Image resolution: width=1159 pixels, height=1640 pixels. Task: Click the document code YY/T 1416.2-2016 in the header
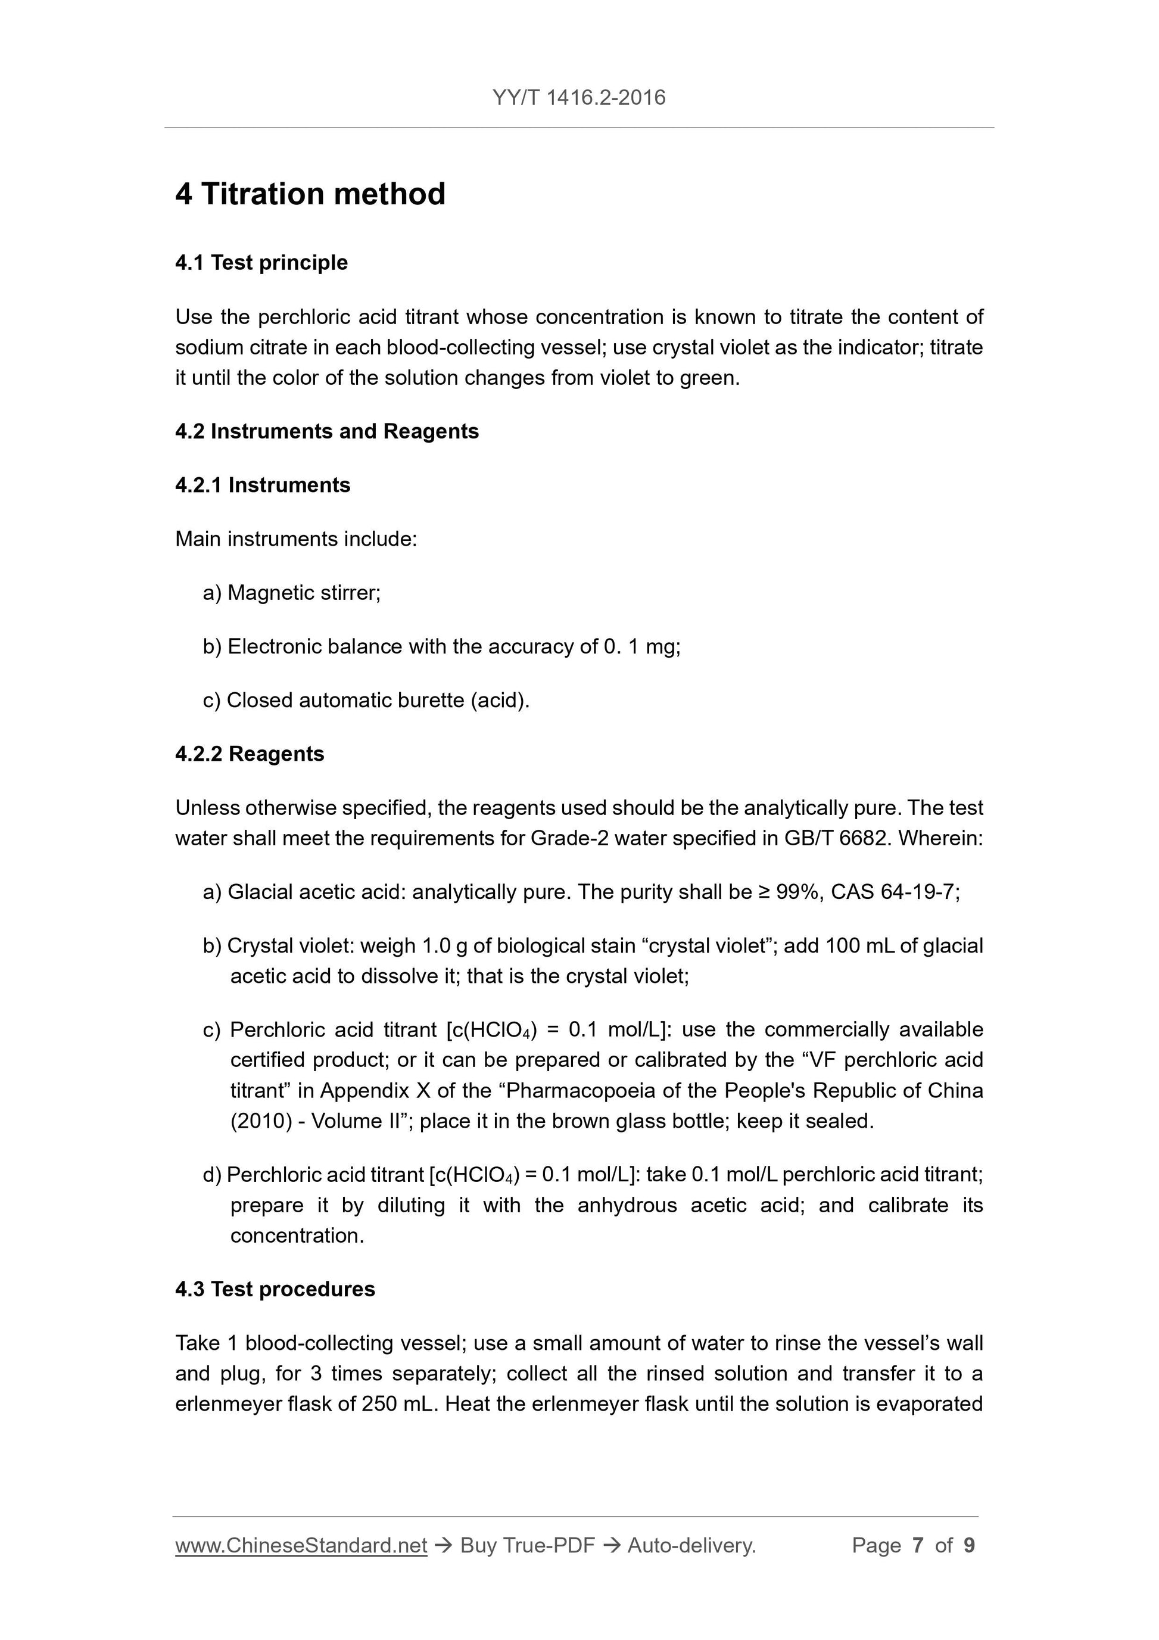point(578,97)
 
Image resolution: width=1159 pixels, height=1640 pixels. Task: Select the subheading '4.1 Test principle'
point(261,263)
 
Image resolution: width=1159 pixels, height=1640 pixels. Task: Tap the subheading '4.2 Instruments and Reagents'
point(326,431)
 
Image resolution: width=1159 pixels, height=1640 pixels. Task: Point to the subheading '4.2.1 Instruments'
point(263,485)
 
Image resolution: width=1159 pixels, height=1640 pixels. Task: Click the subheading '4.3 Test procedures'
point(275,1289)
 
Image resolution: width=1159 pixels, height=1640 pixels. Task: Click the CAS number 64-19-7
point(917,892)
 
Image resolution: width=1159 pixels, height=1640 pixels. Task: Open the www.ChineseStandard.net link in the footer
point(301,1545)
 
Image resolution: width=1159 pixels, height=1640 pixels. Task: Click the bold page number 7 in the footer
point(918,1545)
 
